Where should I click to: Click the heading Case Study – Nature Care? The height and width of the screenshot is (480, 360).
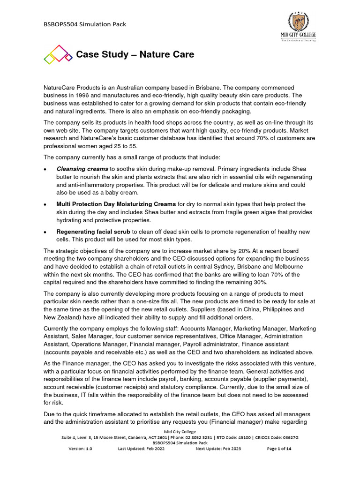pyautogui.click(x=135, y=55)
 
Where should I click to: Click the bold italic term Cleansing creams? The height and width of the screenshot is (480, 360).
pyautogui.click(x=82, y=168)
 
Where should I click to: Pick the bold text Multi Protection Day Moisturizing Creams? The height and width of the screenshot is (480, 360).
pyautogui.click(x=116, y=204)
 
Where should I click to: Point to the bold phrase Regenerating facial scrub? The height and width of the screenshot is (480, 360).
pyautogui.click(x=93, y=232)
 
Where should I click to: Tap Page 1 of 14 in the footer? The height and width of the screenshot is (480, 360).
pyautogui.click(x=279, y=449)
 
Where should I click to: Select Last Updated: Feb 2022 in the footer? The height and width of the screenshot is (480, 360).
pyautogui.click(x=141, y=449)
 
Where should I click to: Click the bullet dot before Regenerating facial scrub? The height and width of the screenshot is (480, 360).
pyautogui.click(x=45, y=232)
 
